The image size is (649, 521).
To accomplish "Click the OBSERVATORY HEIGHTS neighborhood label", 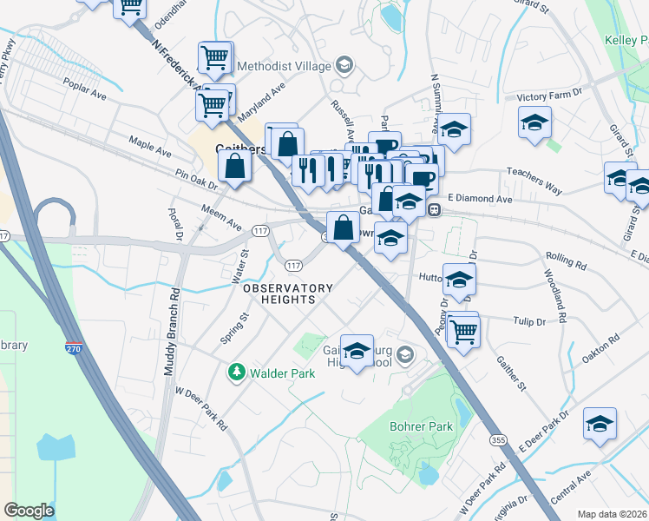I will [287, 293].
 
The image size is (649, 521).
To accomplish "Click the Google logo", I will [29, 511].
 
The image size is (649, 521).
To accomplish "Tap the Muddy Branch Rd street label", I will [171, 330].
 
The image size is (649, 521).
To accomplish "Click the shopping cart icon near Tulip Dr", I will [463, 330].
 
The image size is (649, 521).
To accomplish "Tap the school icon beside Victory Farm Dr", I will [534, 122].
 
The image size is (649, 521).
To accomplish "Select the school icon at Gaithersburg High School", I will [356, 351].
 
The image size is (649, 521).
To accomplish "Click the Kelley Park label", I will [626, 40].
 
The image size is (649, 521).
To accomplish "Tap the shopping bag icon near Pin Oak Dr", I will [235, 163].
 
